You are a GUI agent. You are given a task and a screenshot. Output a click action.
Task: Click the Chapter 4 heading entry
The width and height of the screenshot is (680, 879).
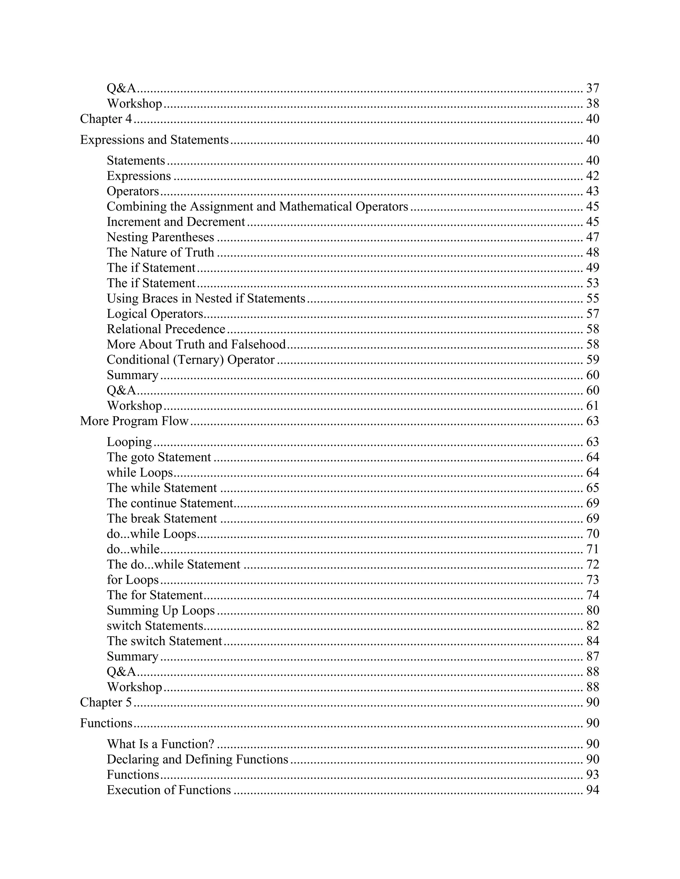[x=106, y=119]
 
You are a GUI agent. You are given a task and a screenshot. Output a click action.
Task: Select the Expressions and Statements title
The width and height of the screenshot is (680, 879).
[x=154, y=140]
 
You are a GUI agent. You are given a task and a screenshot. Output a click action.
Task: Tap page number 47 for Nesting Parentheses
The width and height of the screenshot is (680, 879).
[x=593, y=237]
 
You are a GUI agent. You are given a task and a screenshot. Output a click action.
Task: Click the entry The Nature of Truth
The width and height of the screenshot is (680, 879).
[x=160, y=252]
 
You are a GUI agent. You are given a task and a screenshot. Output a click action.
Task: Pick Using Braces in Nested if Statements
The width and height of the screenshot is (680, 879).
[x=206, y=298]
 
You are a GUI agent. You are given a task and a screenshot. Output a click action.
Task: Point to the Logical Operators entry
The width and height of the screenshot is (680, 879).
[x=155, y=313]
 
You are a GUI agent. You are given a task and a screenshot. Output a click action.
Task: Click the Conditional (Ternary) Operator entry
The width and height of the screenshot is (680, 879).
[x=191, y=360]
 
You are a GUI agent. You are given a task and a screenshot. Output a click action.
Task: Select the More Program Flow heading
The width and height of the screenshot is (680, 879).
[x=134, y=421]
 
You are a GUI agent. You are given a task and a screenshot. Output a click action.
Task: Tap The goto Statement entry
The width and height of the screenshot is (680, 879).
[x=159, y=457]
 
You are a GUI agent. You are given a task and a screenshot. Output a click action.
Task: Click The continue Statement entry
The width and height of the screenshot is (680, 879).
[x=170, y=503]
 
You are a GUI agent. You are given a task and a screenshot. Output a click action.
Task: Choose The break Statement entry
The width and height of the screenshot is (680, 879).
[x=162, y=518]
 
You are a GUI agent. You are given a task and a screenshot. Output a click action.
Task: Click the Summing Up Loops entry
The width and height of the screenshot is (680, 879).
[x=161, y=610]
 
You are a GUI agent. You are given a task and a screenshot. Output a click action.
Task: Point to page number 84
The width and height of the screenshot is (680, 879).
[x=593, y=641]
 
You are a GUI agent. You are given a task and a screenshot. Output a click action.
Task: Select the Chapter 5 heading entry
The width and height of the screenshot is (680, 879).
[x=106, y=702]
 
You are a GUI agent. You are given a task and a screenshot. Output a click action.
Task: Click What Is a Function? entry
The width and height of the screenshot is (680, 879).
[x=160, y=744]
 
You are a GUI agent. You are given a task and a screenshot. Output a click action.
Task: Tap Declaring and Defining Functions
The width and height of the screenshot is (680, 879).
[x=198, y=759]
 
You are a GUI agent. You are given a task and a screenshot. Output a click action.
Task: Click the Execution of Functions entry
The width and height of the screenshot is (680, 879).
[x=169, y=790]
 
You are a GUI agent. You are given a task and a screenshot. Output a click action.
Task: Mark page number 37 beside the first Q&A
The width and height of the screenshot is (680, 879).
[x=593, y=88]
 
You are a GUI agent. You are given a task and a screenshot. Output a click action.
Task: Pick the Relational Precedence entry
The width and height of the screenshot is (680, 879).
[x=166, y=329]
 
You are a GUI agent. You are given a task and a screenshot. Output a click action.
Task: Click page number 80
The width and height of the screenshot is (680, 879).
[x=593, y=610]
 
